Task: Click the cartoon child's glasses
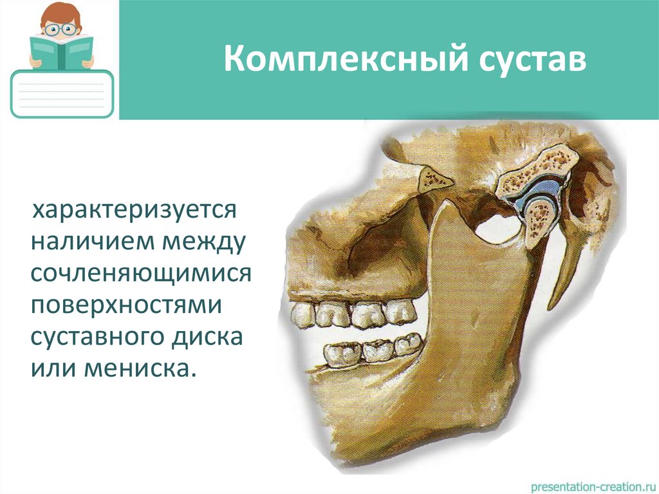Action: click(62, 29)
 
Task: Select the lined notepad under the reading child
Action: click(62, 95)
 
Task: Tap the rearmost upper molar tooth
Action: click(400, 312)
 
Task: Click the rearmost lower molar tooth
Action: click(405, 345)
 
